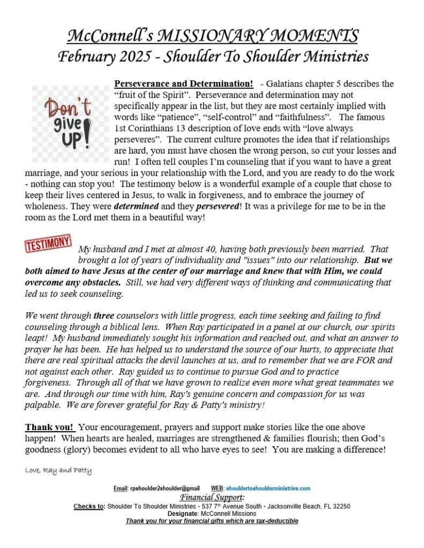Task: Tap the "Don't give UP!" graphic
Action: (x=69, y=124)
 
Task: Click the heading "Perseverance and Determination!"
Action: (x=184, y=84)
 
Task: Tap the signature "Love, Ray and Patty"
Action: (x=58, y=471)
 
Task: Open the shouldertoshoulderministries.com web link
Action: (x=268, y=489)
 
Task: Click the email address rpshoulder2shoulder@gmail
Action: (x=164, y=489)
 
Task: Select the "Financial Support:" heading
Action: (x=212, y=497)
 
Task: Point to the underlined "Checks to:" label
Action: (x=89, y=506)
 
